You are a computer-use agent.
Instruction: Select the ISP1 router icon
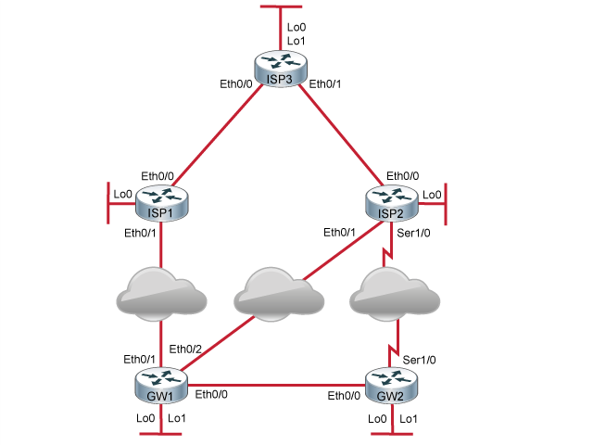click(162, 201)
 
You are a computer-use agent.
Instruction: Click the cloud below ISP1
click(162, 292)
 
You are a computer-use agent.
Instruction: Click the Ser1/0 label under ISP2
click(412, 233)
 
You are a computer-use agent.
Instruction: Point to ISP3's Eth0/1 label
click(325, 84)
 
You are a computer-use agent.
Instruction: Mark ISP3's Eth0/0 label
click(235, 84)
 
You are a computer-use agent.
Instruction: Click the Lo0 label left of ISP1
click(120, 195)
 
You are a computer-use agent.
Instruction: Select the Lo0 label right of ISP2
click(432, 195)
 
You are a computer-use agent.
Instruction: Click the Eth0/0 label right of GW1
click(212, 396)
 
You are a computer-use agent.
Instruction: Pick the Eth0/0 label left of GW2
click(345, 396)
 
